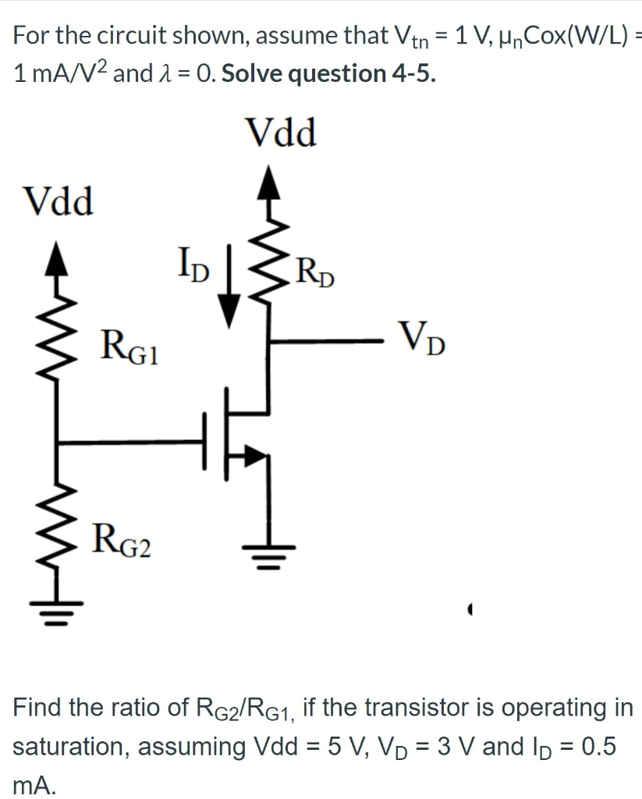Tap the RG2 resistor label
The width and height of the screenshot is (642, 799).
[x=122, y=541]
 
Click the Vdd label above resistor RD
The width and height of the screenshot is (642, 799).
[x=281, y=133]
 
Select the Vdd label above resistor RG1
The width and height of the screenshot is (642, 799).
[x=59, y=202]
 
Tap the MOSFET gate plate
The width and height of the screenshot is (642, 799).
[x=206, y=442]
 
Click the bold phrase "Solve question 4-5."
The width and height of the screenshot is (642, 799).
[x=328, y=73]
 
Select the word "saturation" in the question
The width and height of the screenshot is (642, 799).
[x=69, y=746]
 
